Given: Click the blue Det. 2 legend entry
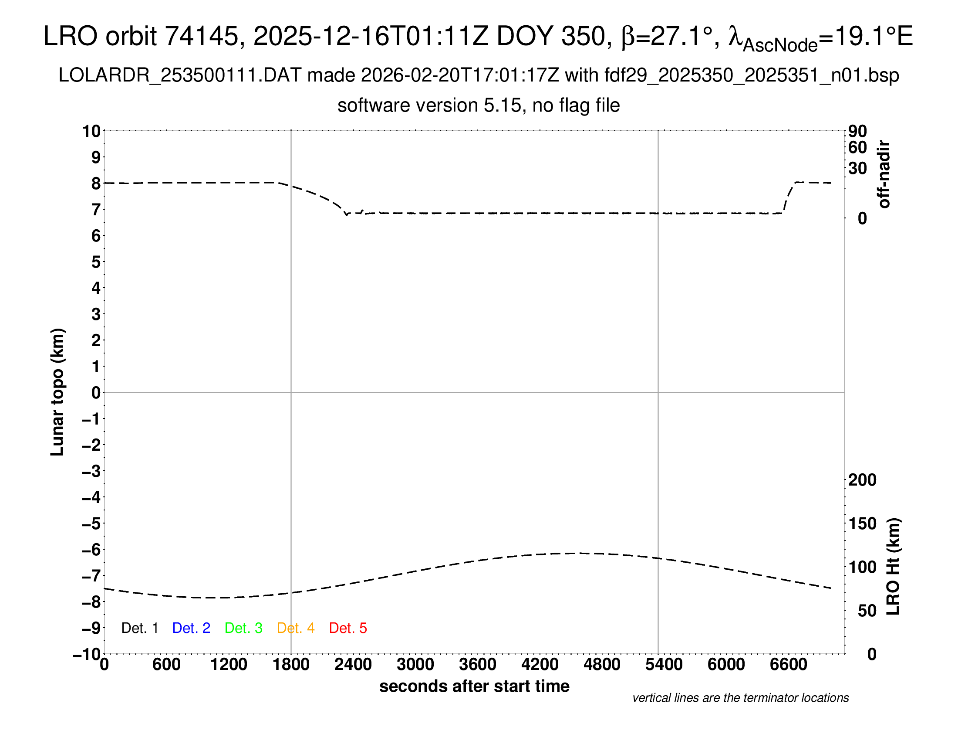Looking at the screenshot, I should (191, 628).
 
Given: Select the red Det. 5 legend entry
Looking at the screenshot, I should (348, 628).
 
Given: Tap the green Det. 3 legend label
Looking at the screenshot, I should (243, 628).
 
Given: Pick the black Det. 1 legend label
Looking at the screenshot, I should (139, 628).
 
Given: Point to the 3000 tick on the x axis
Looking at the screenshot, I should (415, 665).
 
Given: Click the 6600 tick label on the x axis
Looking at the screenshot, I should (788, 665).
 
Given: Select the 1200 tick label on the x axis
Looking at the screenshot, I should (229, 665).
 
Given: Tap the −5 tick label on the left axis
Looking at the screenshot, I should (91, 523).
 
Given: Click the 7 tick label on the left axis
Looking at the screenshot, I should (96, 210).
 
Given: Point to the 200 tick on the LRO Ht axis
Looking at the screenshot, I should (862, 480).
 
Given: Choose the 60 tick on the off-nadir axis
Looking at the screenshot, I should (857, 147).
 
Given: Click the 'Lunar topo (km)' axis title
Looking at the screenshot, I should (57, 392).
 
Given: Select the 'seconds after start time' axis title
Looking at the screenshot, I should (474, 686).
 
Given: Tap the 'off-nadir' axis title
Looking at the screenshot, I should (884, 174).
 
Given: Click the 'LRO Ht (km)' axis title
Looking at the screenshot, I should (893, 567).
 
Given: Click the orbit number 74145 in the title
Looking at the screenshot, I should (201, 36).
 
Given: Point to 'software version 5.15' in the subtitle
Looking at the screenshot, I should (429, 105).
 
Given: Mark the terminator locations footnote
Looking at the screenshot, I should (740, 698).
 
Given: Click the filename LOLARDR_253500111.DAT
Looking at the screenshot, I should (180, 75).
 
